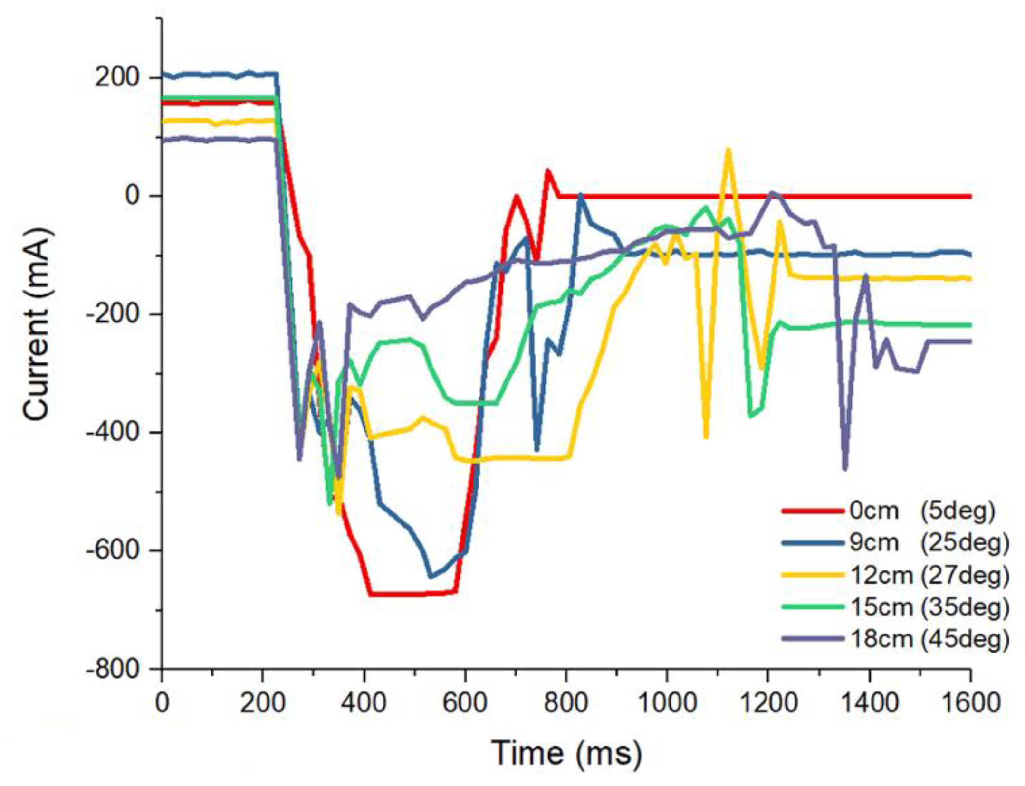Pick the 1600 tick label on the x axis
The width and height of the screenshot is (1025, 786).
pos(970,702)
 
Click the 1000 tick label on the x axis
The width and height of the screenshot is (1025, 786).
pos(667,702)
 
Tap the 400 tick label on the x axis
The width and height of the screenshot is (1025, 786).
pos(364,702)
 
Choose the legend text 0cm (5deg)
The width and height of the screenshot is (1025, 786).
pos(922,511)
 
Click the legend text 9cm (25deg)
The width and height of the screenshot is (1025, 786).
pos(929,542)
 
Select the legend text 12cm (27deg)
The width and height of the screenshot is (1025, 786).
pos(929,575)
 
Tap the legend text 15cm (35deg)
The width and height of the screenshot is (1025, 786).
pos(929,606)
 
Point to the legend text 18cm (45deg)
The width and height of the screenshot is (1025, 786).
pos(929,638)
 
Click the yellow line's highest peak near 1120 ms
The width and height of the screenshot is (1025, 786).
pos(728,150)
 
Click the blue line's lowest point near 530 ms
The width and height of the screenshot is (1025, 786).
pos(431,577)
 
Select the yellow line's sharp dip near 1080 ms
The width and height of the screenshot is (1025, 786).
pos(706,436)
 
